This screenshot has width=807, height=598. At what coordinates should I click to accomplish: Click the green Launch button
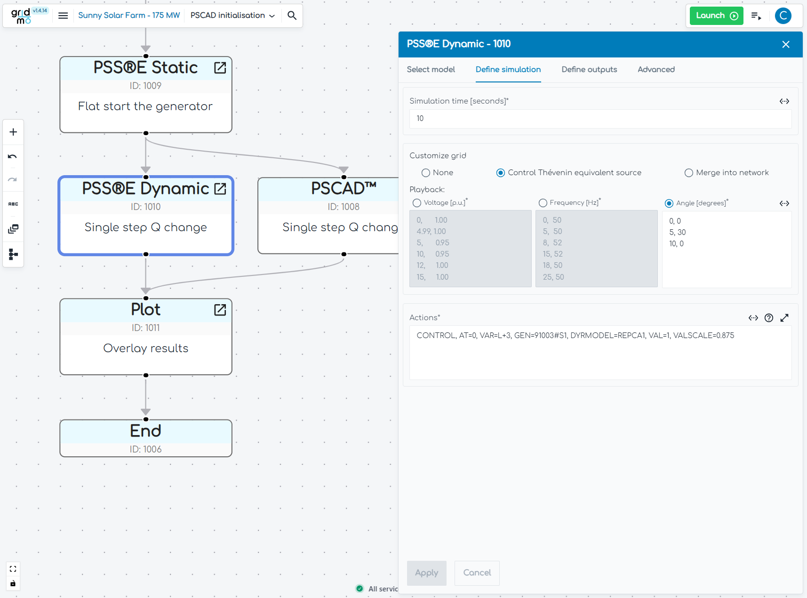(x=716, y=16)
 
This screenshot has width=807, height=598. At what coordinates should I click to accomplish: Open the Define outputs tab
(x=589, y=70)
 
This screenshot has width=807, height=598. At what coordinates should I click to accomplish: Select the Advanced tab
(x=656, y=70)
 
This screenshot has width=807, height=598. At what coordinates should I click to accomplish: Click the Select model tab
(x=431, y=70)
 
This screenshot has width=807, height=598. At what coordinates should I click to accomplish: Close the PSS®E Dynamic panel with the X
(x=785, y=44)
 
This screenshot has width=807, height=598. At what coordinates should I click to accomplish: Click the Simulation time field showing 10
(x=600, y=119)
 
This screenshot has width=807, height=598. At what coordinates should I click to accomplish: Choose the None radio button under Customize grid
(x=426, y=173)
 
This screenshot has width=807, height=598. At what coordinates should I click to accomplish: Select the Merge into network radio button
(x=689, y=173)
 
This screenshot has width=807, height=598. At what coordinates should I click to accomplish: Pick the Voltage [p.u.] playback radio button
(x=417, y=203)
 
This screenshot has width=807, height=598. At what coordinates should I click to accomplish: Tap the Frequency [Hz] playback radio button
(x=543, y=203)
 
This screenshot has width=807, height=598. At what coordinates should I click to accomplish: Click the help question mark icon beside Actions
(x=769, y=318)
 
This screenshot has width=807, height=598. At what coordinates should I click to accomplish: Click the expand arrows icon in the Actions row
(x=784, y=318)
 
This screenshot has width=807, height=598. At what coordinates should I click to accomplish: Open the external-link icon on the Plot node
(x=220, y=310)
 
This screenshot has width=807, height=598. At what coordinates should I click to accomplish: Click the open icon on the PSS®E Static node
(x=220, y=68)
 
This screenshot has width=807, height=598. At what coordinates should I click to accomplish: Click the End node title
(x=146, y=431)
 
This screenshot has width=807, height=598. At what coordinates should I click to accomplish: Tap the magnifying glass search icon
(x=292, y=16)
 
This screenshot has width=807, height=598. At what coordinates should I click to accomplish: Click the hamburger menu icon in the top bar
(x=63, y=16)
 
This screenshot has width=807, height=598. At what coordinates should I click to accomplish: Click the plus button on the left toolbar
(x=13, y=132)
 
